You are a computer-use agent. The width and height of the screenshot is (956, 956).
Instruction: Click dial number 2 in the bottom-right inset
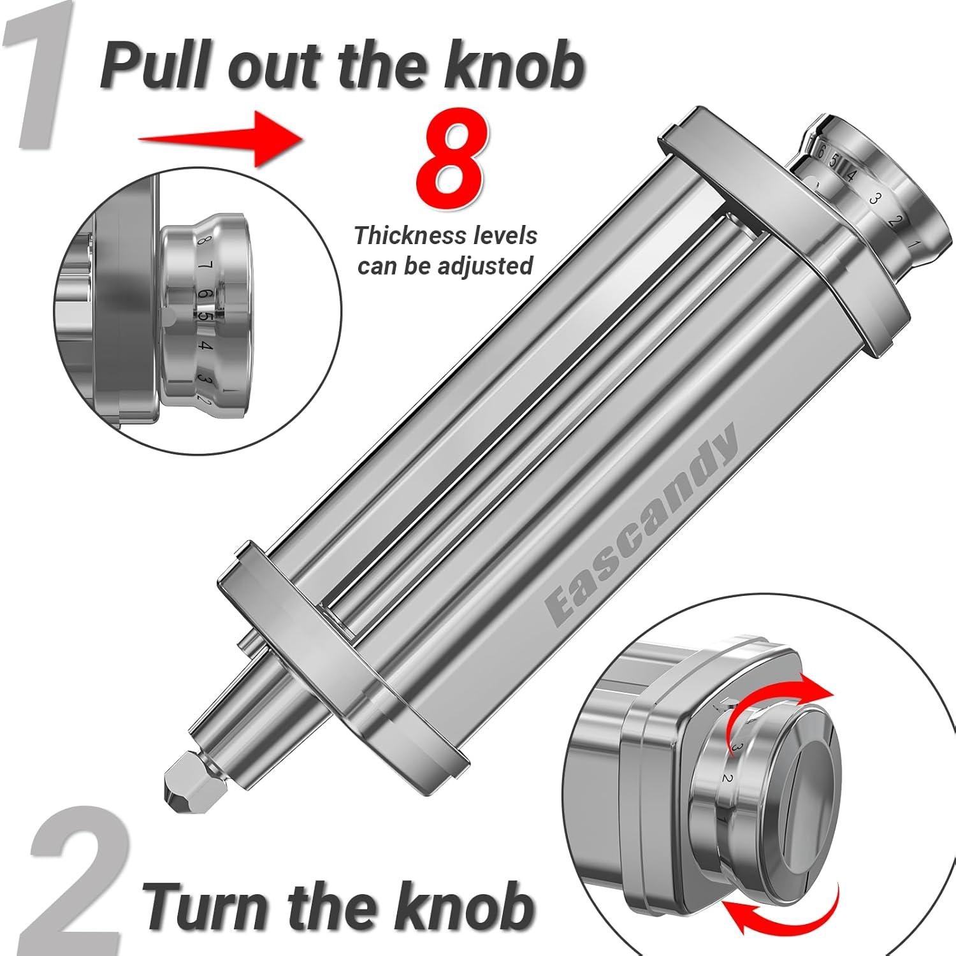(726, 777)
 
